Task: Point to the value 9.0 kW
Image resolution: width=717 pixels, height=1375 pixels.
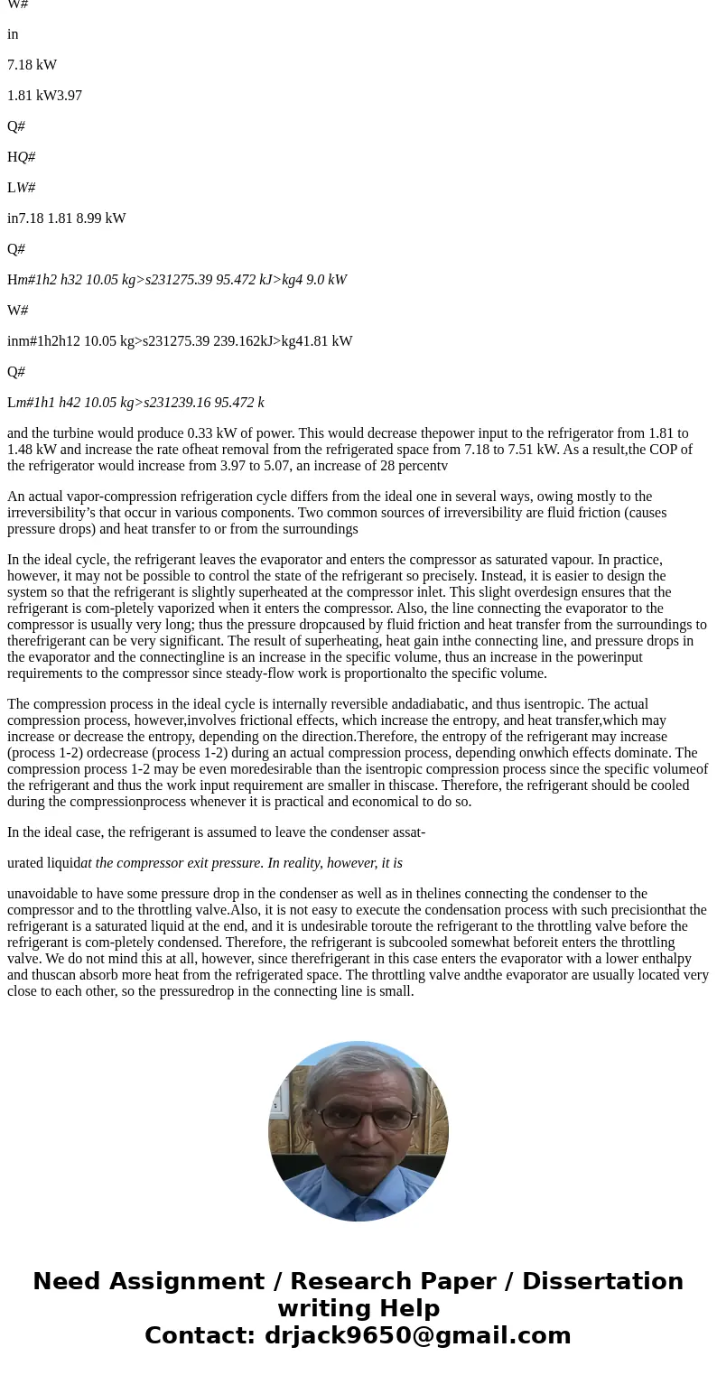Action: pyautogui.click(x=325, y=280)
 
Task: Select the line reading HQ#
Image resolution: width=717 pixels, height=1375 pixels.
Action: pyautogui.click(x=21, y=157)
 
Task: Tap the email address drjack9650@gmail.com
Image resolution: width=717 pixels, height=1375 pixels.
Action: pyautogui.click(x=417, y=1336)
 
